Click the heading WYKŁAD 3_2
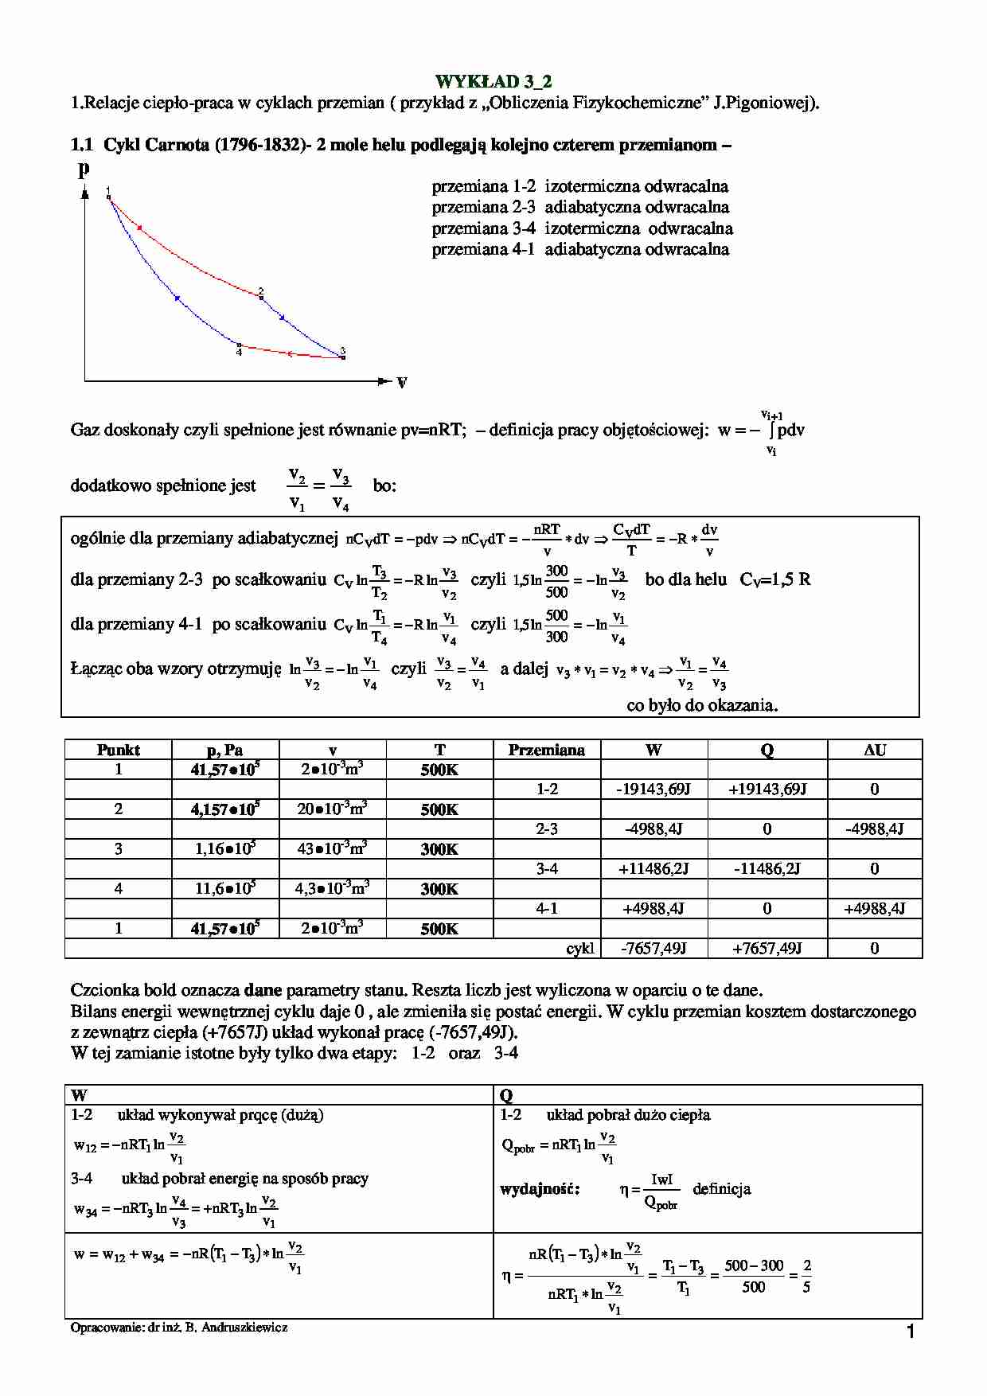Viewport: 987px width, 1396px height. click(494, 81)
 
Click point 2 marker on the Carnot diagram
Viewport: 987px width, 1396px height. click(261, 297)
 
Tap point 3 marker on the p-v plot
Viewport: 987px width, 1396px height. click(343, 357)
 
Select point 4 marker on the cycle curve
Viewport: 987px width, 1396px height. click(239, 345)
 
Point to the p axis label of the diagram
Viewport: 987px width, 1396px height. click(84, 169)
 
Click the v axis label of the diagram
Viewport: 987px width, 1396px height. click(401, 383)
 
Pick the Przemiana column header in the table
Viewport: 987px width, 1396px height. click(546, 750)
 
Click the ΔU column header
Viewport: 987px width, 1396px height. click(874, 750)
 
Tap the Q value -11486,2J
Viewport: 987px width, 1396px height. click(767, 869)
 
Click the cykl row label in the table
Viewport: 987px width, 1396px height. click(580, 949)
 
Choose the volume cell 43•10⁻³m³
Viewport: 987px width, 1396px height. click(332, 848)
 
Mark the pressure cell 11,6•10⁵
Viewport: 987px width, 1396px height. click(225, 888)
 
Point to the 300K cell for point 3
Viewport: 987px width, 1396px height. click(439, 849)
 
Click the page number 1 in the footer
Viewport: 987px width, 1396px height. click(911, 1332)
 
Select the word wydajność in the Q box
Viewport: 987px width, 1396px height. click(540, 1190)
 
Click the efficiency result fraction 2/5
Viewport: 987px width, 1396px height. click(806, 1276)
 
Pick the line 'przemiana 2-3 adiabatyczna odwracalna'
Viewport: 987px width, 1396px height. click(580, 208)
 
